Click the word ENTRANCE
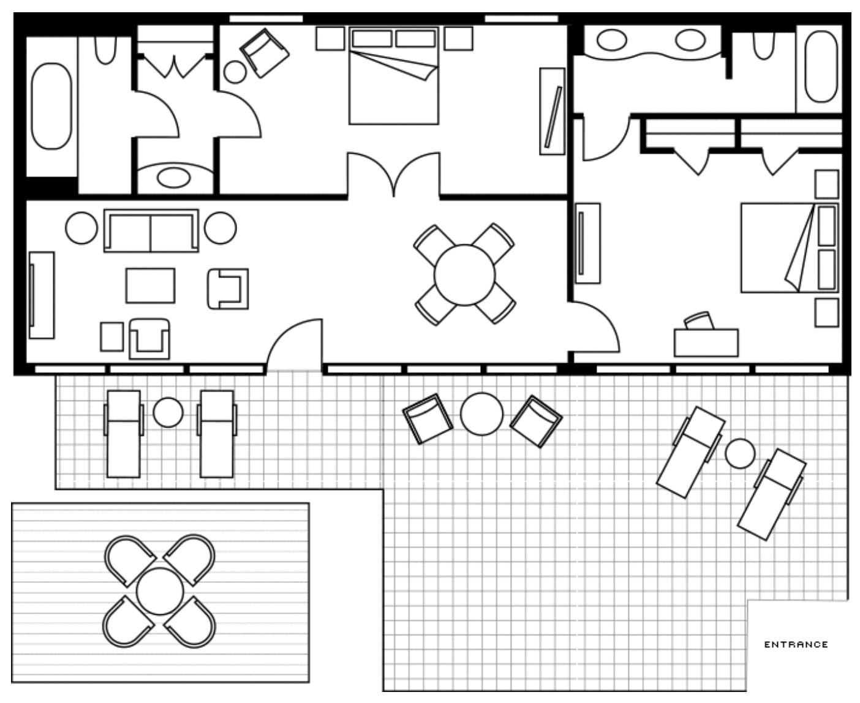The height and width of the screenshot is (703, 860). pyautogui.click(x=796, y=644)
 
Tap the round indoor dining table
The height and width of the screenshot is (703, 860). pyautogui.click(x=464, y=275)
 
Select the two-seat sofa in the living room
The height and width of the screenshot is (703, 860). pyautogui.click(x=151, y=230)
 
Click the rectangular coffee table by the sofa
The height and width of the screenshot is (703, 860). pyautogui.click(x=150, y=285)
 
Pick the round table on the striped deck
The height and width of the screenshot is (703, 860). pyautogui.click(x=160, y=591)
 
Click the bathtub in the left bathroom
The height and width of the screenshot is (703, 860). pyautogui.click(x=51, y=105)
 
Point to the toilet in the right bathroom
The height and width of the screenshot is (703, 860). pyautogui.click(x=763, y=45)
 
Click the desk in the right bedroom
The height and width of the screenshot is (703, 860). pyautogui.click(x=706, y=343)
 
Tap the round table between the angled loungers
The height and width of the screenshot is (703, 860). pyautogui.click(x=740, y=453)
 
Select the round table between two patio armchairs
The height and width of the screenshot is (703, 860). pyautogui.click(x=481, y=414)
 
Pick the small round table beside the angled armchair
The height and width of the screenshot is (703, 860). pyautogui.click(x=235, y=72)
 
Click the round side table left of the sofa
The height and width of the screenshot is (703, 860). pyautogui.click(x=81, y=228)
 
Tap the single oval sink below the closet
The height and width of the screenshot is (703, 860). pyautogui.click(x=173, y=178)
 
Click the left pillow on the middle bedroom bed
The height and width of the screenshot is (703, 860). pyautogui.click(x=371, y=39)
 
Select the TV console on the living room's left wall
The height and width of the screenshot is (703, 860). pyautogui.click(x=41, y=294)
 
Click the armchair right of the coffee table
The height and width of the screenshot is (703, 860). pyautogui.click(x=228, y=288)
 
